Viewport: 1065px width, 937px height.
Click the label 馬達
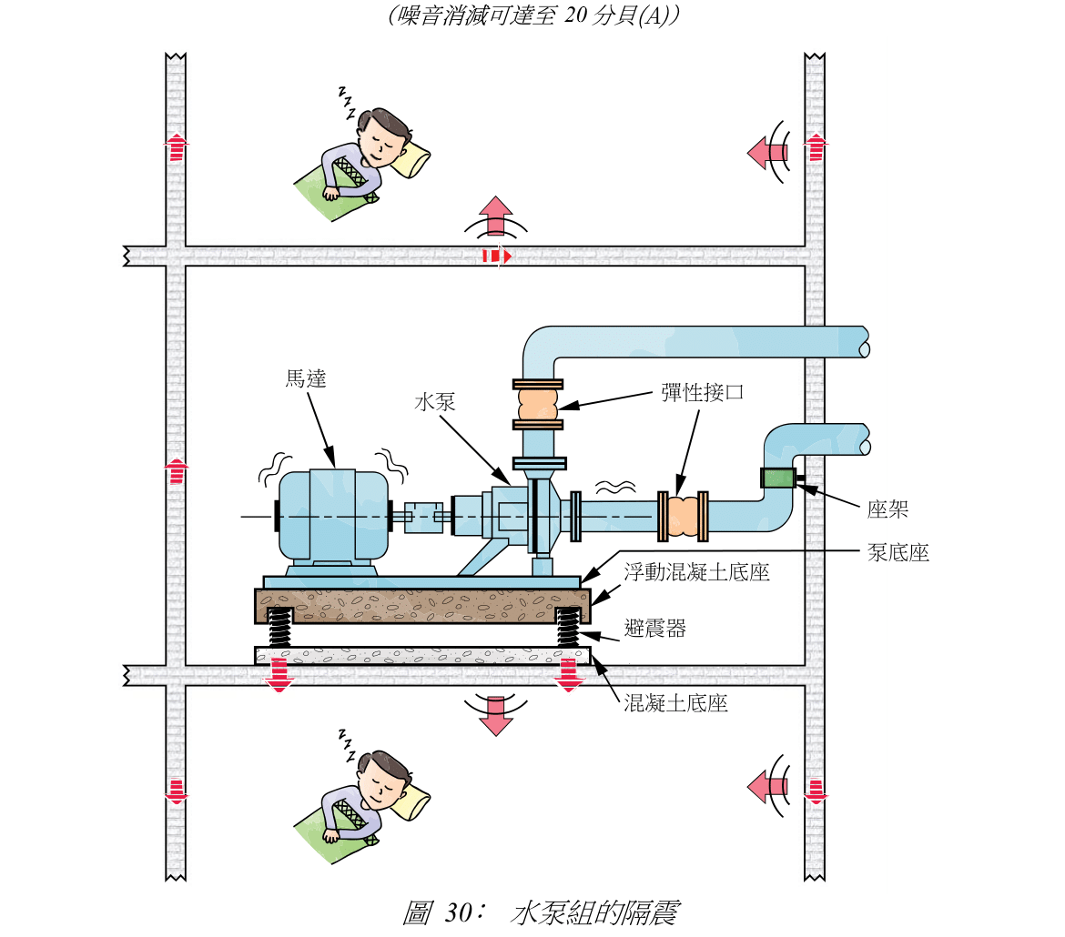[x=305, y=379]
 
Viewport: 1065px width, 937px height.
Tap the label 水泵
[x=434, y=403]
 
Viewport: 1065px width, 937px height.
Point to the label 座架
[x=887, y=509]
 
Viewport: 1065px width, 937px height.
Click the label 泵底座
[x=898, y=552]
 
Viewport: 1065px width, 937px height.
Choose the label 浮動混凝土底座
[x=696, y=573]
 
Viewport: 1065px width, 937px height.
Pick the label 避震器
[x=654, y=628]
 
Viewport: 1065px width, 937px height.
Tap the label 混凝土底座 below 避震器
[x=675, y=703]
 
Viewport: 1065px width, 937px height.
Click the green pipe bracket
[x=777, y=478]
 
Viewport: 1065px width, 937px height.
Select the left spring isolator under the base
[x=279, y=627]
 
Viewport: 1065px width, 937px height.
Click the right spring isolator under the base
[x=569, y=627]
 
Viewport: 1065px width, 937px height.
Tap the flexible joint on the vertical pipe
[x=537, y=403]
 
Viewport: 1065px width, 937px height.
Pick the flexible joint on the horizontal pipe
[x=682, y=515]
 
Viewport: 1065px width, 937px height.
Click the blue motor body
[x=332, y=514]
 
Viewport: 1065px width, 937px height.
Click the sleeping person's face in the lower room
[x=380, y=783]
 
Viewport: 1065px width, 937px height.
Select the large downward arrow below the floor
[x=496, y=715]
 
